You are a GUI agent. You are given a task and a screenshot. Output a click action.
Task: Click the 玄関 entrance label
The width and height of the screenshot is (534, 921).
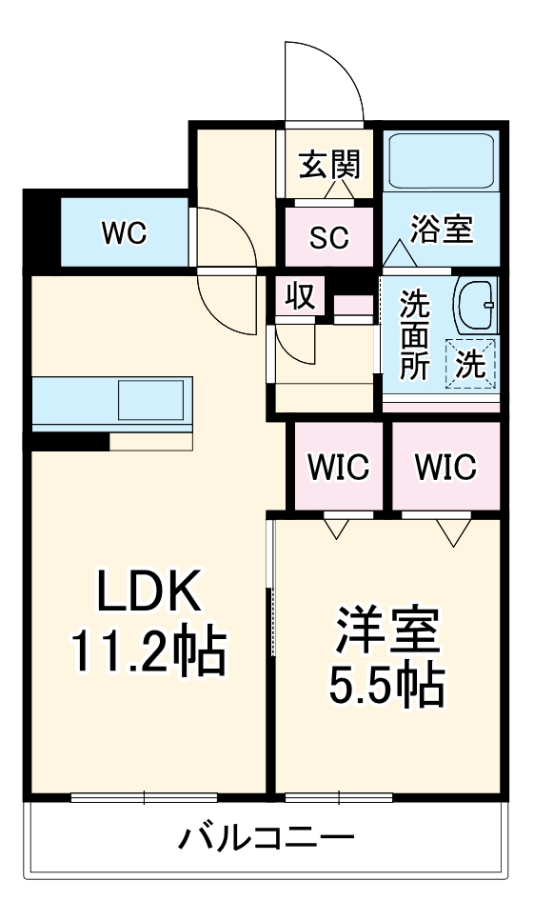click(x=330, y=167)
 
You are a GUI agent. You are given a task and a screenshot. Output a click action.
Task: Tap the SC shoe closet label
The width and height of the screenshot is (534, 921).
click(x=329, y=236)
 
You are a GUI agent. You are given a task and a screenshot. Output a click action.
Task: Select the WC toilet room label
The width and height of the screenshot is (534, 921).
click(x=125, y=233)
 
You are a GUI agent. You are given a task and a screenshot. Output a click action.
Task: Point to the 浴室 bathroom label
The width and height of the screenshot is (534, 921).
click(x=442, y=230)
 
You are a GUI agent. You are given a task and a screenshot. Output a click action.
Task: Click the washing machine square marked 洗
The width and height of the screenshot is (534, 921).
click(x=473, y=365)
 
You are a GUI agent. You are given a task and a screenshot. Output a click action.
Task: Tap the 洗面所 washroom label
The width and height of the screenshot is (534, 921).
click(x=414, y=335)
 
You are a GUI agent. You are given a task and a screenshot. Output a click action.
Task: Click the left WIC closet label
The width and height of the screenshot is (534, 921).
click(x=337, y=467)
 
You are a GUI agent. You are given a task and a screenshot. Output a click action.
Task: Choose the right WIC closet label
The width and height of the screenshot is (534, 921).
click(x=445, y=467)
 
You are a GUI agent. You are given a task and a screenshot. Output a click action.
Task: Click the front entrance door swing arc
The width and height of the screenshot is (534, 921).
click(x=324, y=81)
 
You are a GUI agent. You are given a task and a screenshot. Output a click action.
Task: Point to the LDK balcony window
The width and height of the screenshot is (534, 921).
click(x=144, y=797)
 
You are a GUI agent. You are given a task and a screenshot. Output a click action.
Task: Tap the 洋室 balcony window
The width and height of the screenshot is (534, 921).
click(x=339, y=797)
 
